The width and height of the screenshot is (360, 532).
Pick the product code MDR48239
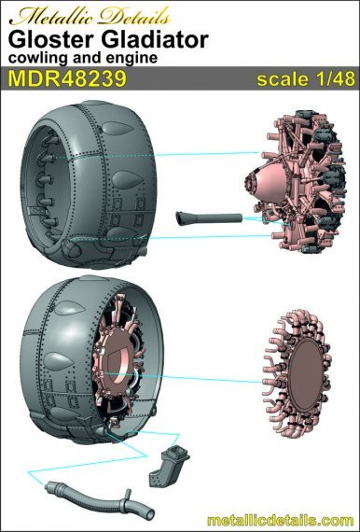click(x=68, y=78)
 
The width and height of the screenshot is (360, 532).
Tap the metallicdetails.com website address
click(x=281, y=521)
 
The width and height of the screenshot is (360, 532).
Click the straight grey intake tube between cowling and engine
click(x=209, y=217)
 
